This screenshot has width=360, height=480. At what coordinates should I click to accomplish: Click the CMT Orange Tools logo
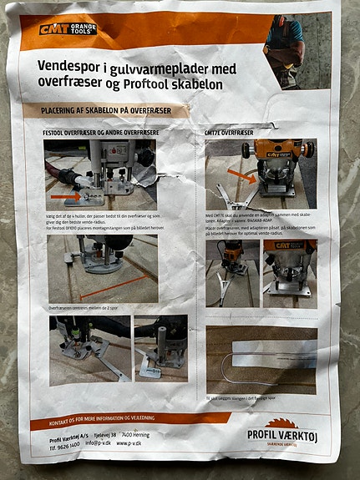[x=68, y=29]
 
